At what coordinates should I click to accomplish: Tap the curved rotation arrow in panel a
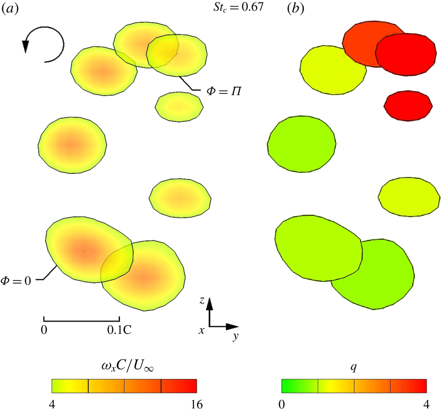pyautogui.click(x=44, y=45)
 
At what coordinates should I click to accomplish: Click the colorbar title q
pyautogui.click(x=353, y=365)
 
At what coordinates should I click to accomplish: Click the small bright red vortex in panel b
pyautogui.click(x=408, y=106)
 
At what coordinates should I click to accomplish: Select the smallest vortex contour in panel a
pyautogui.click(x=178, y=107)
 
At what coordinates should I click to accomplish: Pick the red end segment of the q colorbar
pyautogui.click(x=408, y=386)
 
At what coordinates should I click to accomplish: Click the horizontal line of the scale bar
pyautogui.click(x=82, y=320)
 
